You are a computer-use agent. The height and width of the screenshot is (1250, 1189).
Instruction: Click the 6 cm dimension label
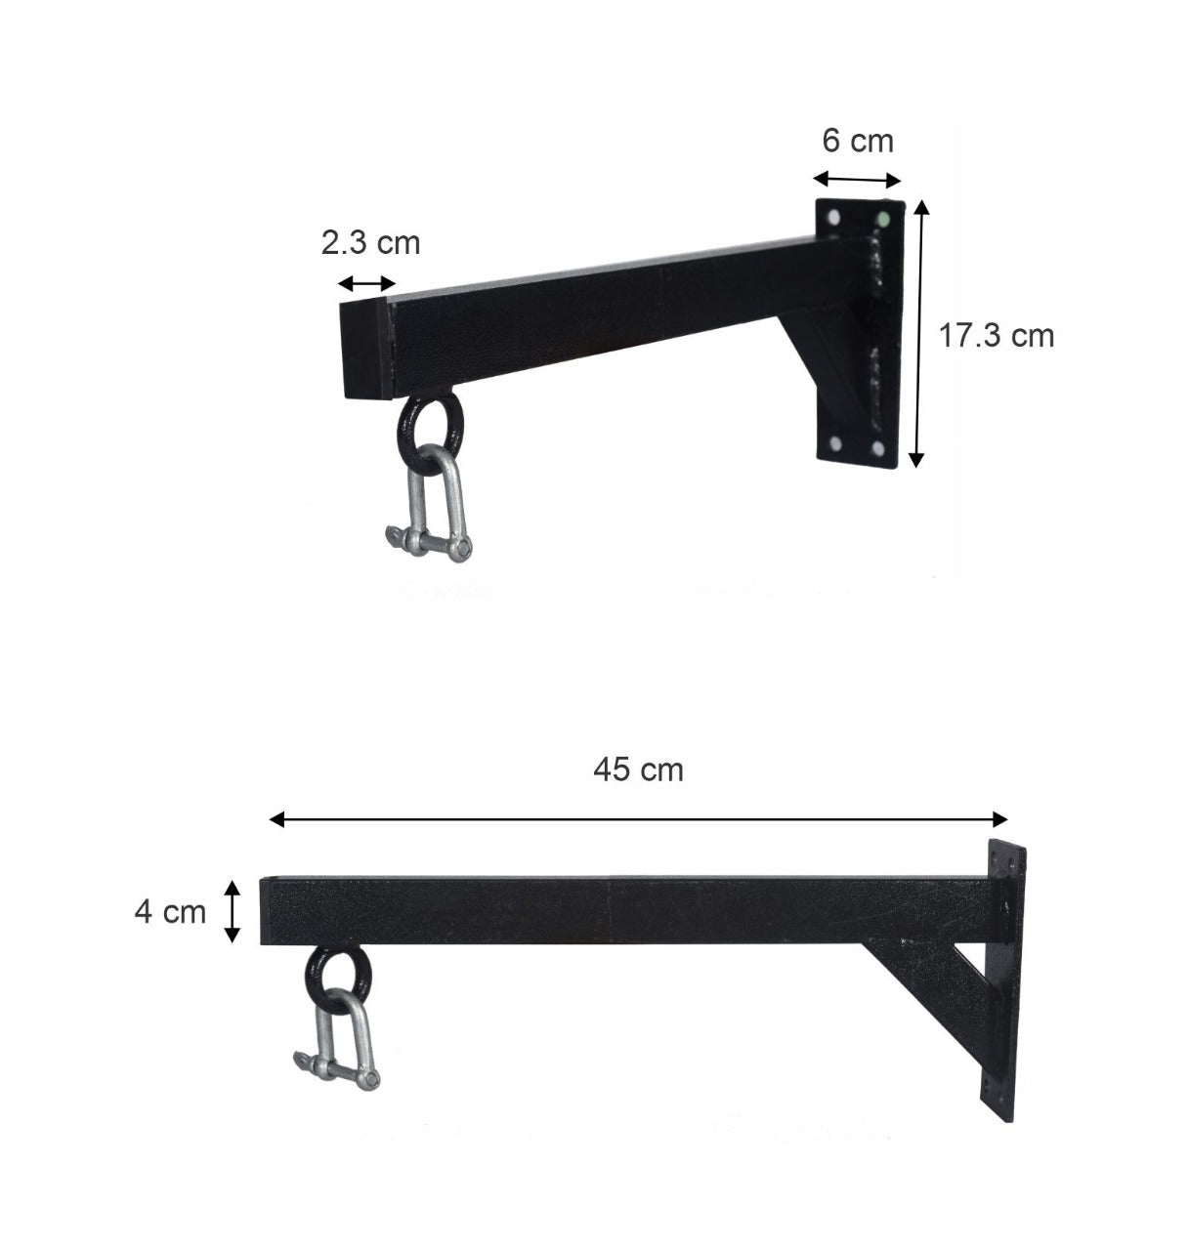tap(857, 142)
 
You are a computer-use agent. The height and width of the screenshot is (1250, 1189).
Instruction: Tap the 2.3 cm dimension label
tap(370, 242)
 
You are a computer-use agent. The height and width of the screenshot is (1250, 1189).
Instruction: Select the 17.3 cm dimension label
tap(997, 336)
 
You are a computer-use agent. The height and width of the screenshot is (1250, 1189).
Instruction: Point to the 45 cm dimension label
tap(638, 771)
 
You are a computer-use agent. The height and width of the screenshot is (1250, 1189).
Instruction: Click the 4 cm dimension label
tap(170, 912)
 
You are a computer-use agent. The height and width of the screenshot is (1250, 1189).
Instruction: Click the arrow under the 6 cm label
tap(857, 179)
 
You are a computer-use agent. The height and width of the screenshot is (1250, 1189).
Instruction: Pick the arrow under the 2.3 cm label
tap(366, 284)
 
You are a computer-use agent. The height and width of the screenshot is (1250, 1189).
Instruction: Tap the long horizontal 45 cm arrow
tap(638, 819)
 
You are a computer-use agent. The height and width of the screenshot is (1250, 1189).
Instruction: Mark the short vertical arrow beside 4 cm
tap(232, 911)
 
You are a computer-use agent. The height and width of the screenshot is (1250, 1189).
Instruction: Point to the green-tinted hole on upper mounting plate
tap(883, 218)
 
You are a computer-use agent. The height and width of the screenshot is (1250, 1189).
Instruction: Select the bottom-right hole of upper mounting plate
tap(877, 448)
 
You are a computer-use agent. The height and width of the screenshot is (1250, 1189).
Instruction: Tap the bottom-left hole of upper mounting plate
tap(836, 444)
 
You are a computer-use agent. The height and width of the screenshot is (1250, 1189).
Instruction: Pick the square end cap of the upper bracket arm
tap(365, 350)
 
